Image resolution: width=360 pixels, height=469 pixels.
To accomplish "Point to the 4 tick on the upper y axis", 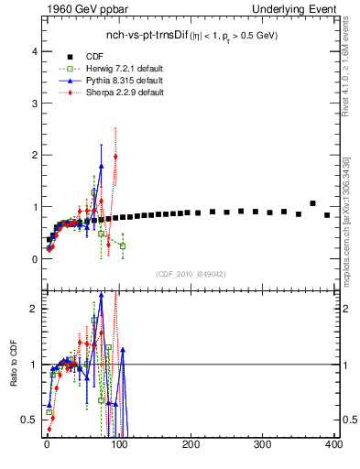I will tap(36, 51).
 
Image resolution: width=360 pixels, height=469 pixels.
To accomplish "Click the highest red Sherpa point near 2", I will tap(115, 157).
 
